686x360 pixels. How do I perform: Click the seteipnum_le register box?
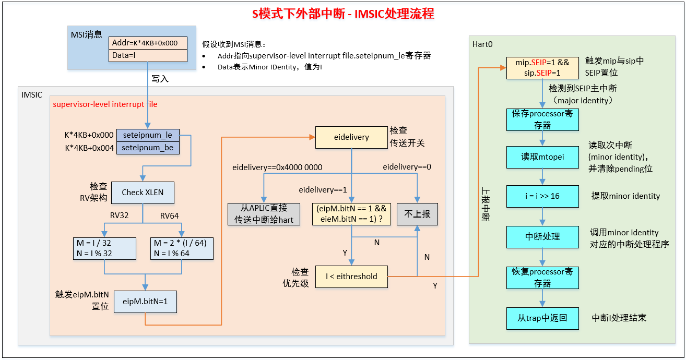point(147,135)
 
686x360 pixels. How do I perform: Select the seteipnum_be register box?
point(147,148)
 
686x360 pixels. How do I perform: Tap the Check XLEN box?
point(143,193)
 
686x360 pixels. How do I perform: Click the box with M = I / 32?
point(105,248)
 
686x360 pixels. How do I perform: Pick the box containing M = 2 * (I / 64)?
point(181,248)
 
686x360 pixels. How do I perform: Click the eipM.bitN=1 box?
point(145,301)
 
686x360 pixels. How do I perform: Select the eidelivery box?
point(351,137)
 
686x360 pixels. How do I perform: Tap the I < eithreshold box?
point(351,277)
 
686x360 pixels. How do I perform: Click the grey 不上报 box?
point(417,214)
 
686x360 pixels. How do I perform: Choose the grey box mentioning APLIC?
point(264,214)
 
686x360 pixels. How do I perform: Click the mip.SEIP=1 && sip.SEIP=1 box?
point(542,68)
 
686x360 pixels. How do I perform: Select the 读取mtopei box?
point(542,157)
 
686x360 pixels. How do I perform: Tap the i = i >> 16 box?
point(542,196)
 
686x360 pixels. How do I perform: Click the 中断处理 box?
point(542,236)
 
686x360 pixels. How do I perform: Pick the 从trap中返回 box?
point(542,318)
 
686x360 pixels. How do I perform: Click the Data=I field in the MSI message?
point(148,55)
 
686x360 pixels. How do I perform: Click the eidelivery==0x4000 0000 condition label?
point(277,167)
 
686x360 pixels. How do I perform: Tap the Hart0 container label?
point(482,44)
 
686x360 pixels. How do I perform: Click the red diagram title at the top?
point(343,14)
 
